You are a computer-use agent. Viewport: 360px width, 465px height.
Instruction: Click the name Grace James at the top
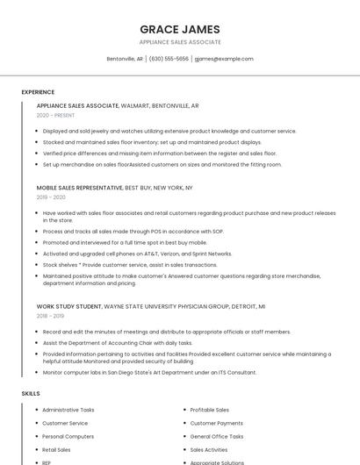(180, 29)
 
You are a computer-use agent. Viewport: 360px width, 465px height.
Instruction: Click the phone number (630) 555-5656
(169, 59)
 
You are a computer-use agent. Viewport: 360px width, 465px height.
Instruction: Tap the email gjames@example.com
(224, 59)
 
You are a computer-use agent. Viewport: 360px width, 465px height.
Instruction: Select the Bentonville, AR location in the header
(125, 59)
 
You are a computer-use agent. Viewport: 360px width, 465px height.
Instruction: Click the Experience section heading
(38, 92)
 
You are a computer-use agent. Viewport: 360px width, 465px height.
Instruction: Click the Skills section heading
(31, 394)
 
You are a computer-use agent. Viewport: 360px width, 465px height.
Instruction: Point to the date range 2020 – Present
(55, 115)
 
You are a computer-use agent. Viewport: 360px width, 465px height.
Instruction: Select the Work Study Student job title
(69, 306)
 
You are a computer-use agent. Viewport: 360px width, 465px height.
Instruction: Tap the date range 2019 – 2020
(51, 197)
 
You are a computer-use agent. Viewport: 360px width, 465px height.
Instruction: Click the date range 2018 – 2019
(50, 316)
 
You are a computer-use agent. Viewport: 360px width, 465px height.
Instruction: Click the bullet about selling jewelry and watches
(169, 131)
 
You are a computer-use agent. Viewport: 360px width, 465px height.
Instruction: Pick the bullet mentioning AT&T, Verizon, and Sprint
(137, 254)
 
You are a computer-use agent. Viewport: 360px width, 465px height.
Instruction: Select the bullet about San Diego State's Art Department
(149, 372)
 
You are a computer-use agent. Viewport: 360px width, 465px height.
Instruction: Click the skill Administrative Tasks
(68, 410)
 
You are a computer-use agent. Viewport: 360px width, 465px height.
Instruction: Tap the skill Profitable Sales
(210, 410)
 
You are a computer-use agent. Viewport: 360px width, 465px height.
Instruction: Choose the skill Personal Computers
(68, 436)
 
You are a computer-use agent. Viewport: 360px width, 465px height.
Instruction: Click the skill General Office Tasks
(216, 436)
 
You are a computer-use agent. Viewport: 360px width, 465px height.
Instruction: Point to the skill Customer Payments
(217, 423)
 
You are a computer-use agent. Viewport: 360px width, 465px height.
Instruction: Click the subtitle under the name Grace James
(180, 42)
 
